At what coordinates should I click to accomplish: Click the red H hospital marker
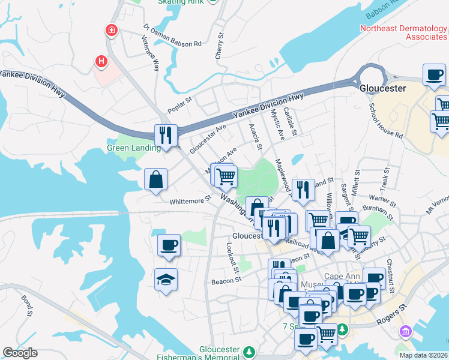pos(101,61)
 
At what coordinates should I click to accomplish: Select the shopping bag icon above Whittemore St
pos(155,179)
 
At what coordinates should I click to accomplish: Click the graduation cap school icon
pos(166,279)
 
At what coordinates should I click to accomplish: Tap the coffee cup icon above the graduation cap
pos(168,245)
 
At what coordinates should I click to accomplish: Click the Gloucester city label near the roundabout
pos(382,88)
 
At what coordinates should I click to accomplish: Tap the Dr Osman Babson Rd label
pos(173,36)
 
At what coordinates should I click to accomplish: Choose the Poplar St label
pos(179,103)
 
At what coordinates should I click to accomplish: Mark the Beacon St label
pos(226,280)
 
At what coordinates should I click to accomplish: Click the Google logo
pos(20,353)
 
